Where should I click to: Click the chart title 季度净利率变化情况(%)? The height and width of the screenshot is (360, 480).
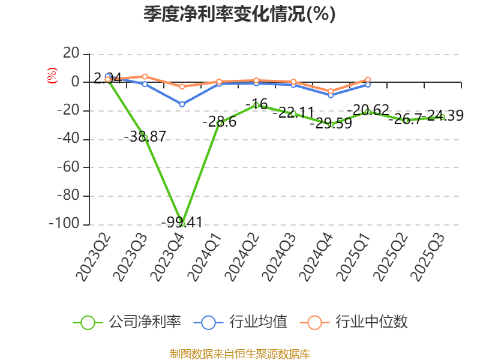pyautogui.click(x=239, y=14)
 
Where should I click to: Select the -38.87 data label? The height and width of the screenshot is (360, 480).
pyautogui.click(x=145, y=137)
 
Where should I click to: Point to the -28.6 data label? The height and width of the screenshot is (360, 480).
pyautogui.click(x=219, y=122)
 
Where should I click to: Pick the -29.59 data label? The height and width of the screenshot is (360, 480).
pyautogui.click(x=331, y=124)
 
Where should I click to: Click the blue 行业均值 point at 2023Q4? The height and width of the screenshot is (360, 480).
pyautogui.click(x=182, y=104)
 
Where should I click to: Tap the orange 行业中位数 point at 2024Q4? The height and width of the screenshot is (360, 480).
pyautogui.click(x=331, y=91)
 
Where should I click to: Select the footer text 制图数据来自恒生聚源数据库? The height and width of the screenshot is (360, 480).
pyautogui.click(x=239, y=353)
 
